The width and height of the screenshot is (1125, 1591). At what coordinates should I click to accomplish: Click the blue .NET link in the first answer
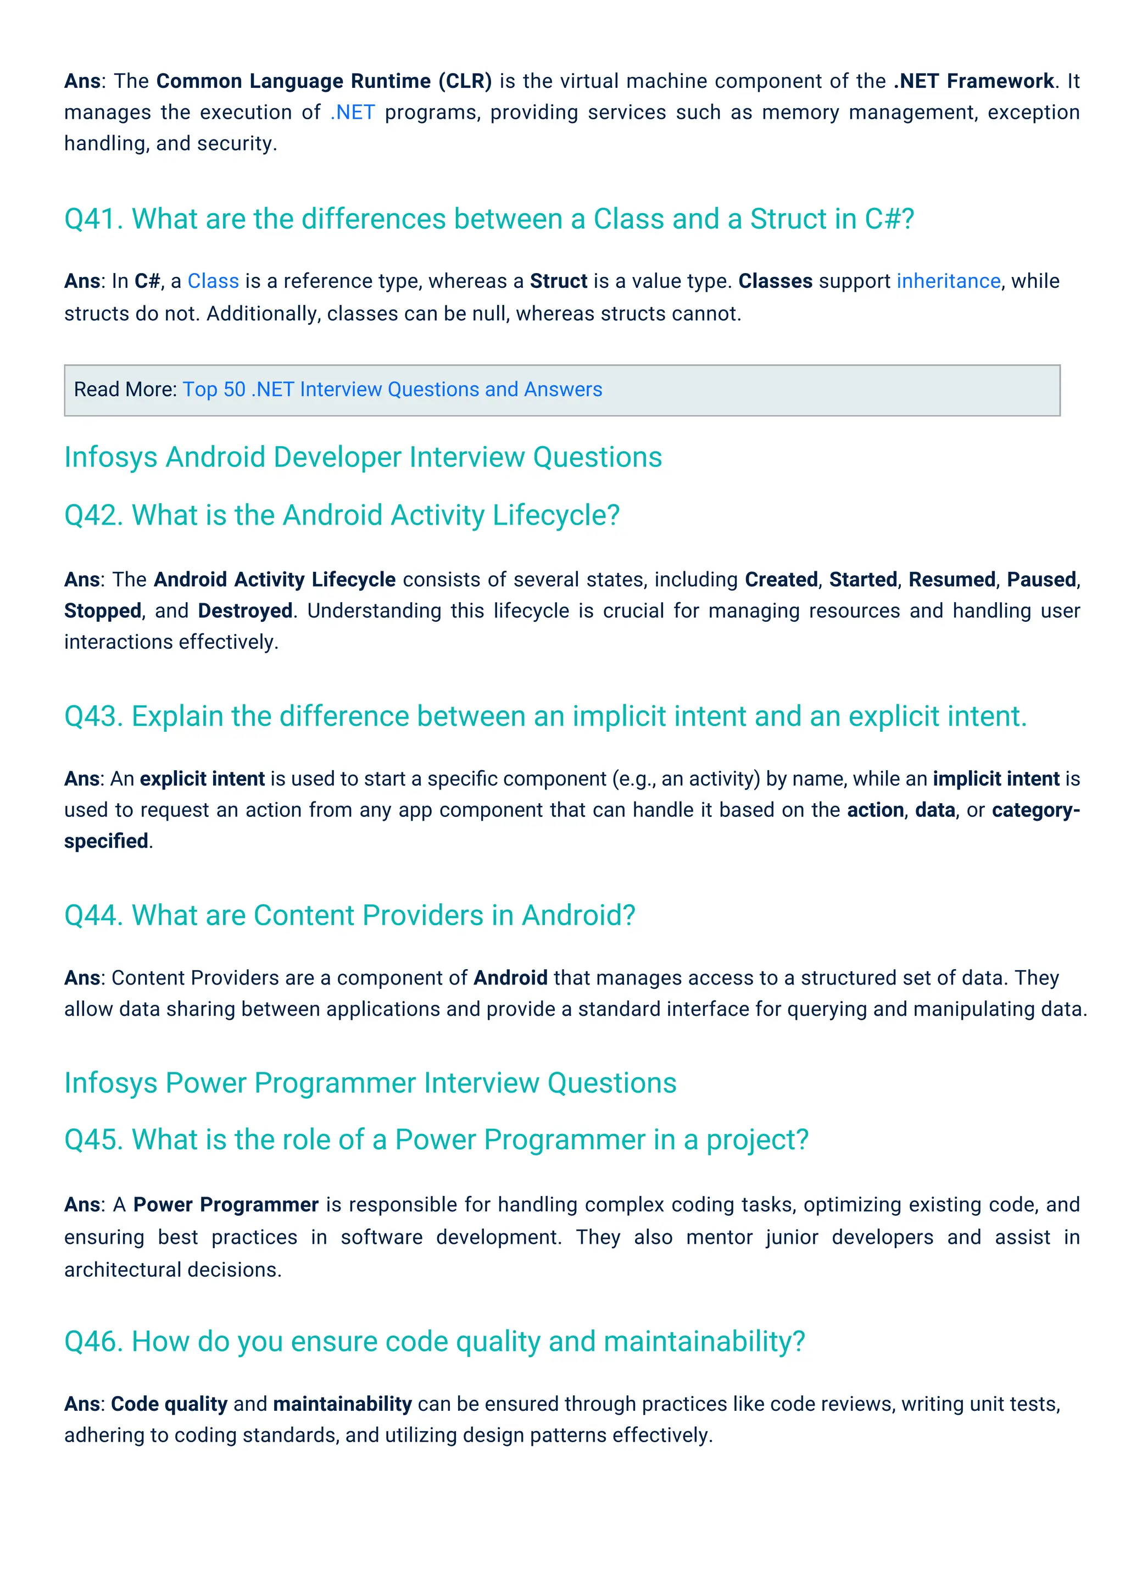[x=353, y=112]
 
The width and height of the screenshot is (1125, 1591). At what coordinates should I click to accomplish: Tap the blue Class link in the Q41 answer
[x=213, y=281]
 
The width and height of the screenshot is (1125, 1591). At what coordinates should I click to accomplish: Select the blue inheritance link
[x=948, y=281]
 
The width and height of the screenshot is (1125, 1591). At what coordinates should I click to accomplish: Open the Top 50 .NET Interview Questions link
[x=392, y=390]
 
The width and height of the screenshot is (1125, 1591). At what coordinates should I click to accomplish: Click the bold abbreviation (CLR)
[x=465, y=81]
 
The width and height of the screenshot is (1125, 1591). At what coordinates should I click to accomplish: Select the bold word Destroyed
[x=245, y=611]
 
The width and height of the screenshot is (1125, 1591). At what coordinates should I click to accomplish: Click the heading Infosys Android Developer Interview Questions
[x=363, y=457]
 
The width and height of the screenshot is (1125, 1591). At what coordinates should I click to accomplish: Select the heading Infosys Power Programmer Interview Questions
[x=370, y=1083]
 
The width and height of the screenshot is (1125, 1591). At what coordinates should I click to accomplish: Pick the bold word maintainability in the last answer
[x=342, y=1404]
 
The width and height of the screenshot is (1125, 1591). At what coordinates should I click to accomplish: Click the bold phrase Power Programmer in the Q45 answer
[x=226, y=1205]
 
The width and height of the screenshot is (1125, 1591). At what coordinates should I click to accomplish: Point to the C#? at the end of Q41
[x=889, y=220]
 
